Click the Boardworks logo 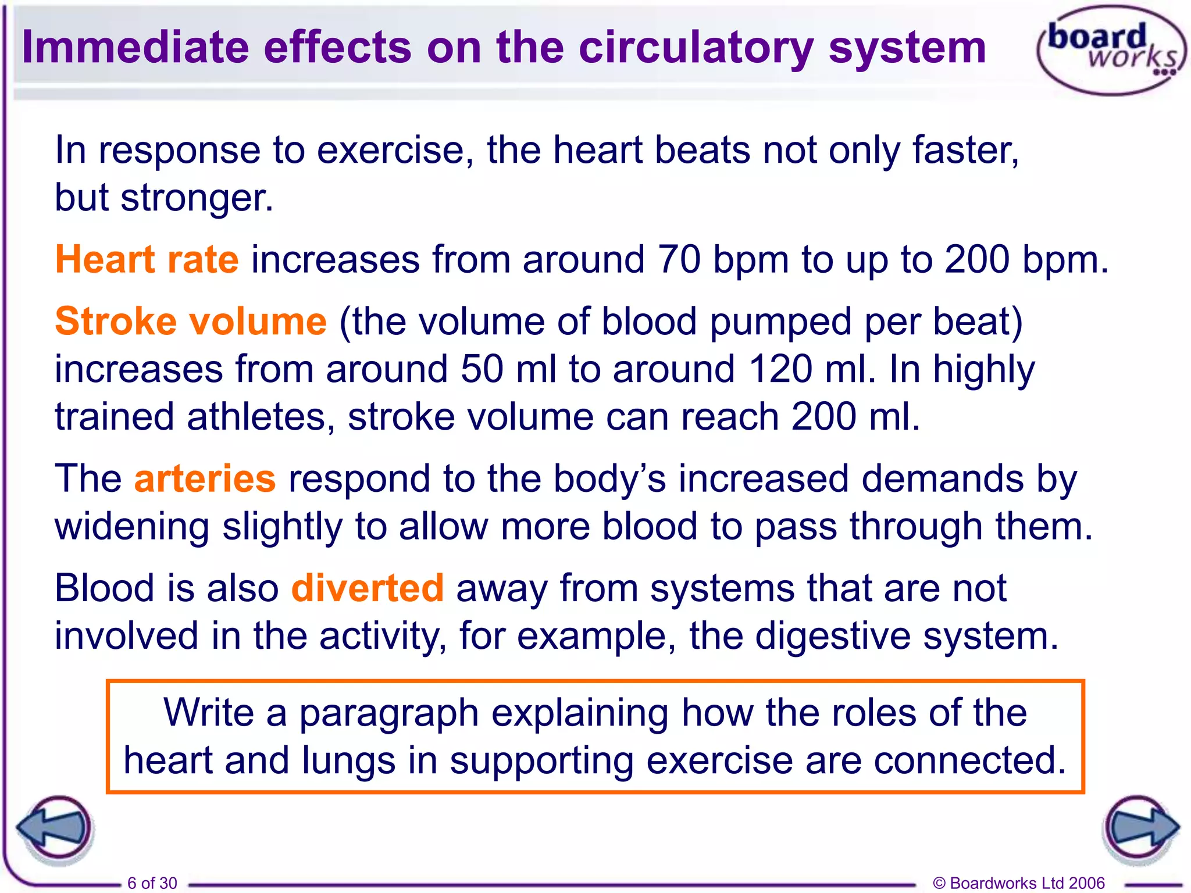1111,49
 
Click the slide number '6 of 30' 152,883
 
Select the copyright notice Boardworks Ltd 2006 1018,883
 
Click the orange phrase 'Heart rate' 147,259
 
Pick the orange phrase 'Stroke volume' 191,322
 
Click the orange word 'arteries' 205,479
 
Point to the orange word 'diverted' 368,588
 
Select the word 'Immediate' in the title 135,48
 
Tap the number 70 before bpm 679,259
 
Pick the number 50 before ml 482,369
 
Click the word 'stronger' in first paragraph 197,198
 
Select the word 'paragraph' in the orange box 388,713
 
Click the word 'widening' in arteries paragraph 132,527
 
